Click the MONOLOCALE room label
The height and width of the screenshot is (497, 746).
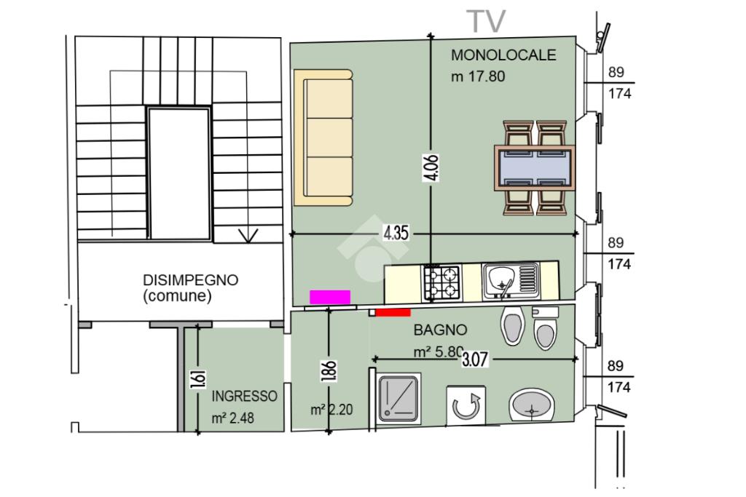[x=503, y=55]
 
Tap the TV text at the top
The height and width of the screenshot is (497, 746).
[x=486, y=21]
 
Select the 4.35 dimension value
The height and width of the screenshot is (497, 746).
[x=396, y=234]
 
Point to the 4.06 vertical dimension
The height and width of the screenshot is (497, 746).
[x=431, y=167]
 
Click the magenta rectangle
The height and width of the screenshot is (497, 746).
[x=330, y=297]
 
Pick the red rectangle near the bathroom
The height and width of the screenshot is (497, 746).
[x=393, y=312]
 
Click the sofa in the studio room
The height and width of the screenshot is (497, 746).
[x=323, y=138]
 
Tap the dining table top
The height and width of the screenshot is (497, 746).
[x=535, y=167]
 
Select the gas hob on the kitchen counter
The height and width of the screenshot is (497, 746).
[x=442, y=282]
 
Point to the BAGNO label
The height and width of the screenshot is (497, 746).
[x=440, y=330]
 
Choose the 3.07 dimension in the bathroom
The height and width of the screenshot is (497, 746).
[x=475, y=359]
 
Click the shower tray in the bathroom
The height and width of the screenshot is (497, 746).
[x=398, y=398]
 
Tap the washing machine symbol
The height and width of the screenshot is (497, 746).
[x=466, y=405]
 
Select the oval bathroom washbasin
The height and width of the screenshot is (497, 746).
[x=532, y=405]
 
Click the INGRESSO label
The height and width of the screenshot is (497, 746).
[x=245, y=397]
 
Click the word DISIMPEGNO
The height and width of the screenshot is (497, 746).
[x=191, y=280]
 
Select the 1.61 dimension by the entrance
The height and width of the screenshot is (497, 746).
[x=198, y=378]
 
